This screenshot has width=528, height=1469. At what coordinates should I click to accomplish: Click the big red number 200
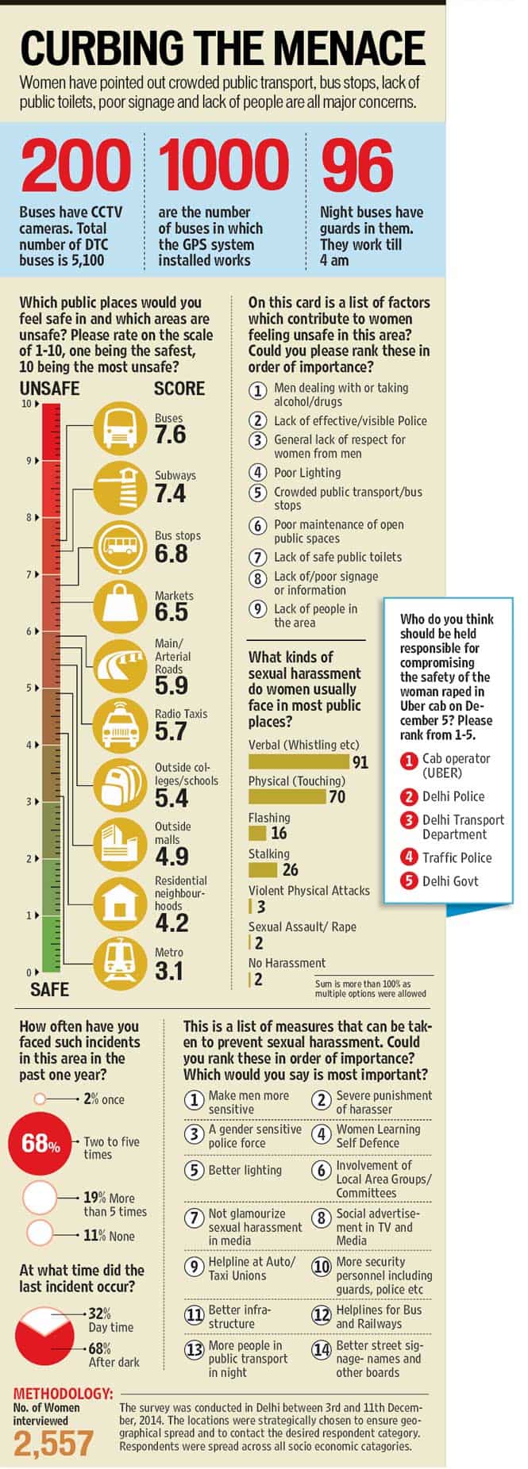point(75,166)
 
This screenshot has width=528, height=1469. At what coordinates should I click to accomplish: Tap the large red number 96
point(356,166)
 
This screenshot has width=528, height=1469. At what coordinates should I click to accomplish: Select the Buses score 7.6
point(170,435)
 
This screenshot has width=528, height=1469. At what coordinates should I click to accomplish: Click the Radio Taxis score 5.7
point(171,731)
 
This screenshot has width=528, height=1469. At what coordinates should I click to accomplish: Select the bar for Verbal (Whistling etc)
point(299,761)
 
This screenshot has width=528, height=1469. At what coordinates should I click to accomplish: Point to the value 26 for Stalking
point(290,869)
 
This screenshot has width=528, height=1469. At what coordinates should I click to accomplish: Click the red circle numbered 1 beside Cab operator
point(409,761)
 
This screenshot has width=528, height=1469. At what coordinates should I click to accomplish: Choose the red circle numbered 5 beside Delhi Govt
point(409,880)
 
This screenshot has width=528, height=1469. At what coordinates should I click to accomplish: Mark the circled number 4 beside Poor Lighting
point(257,473)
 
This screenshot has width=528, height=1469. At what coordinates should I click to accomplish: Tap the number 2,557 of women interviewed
point(54,1444)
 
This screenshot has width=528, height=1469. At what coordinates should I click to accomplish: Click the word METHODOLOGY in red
point(64,1394)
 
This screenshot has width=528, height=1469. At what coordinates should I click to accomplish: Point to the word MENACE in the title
point(336,48)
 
